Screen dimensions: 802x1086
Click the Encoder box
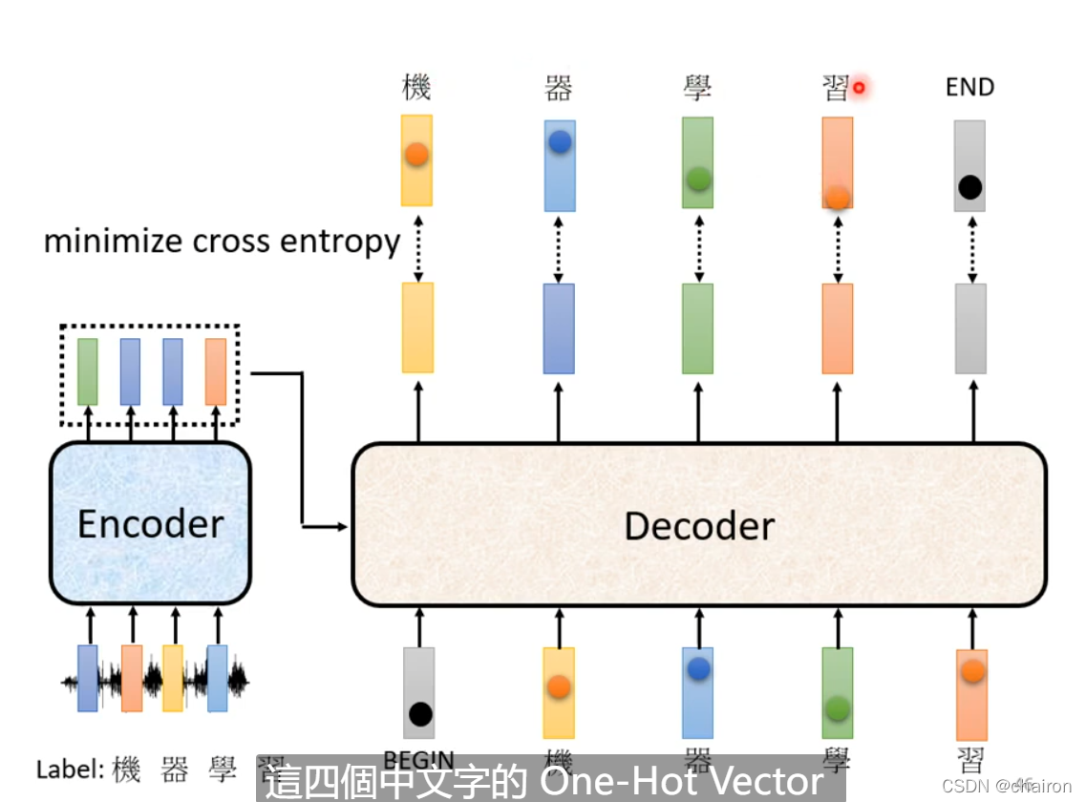(150, 523)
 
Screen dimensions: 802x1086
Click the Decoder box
(699, 525)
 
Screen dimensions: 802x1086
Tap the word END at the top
(969, 88)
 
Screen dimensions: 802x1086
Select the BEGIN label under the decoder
(416, 760)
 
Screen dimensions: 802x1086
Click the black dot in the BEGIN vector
(419, 713)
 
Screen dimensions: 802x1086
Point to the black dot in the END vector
(969, 187)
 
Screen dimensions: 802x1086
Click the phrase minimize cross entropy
(222, 242)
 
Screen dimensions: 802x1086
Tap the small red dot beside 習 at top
(859, 88)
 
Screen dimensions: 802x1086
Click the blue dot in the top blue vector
(560, 142)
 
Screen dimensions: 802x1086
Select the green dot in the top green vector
(698, 179)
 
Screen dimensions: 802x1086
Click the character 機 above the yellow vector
(416, 88)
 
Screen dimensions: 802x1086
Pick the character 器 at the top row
(558, 88)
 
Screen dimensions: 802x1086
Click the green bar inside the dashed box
(87, 370)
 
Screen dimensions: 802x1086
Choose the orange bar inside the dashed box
(216, 370)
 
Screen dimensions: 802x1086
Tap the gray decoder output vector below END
(971, 327)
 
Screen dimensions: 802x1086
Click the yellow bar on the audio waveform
(173, 677)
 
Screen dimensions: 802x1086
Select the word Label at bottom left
(69, 769)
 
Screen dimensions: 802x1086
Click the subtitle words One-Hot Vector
(681, 782)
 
